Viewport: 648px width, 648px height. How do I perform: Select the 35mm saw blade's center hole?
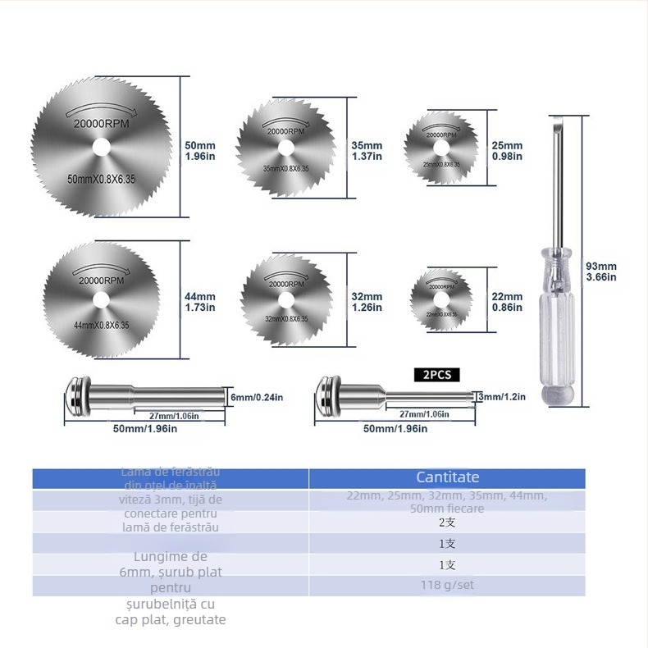click(x=286, y=148)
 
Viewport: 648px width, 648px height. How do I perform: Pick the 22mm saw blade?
click(x=442, y=297)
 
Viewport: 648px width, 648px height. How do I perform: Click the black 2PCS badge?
click(x=437, y=374)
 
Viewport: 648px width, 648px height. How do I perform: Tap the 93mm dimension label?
click(x=601, y=272)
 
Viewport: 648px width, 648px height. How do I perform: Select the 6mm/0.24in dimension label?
click(x=258, y=397)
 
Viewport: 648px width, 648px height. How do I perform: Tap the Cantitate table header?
click(x=447, y=477)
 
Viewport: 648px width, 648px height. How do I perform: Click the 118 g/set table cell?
click(x=447, y=586)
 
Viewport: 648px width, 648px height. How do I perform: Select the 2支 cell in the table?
click(x=447, y=523)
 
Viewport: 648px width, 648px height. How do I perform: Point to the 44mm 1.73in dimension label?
click(x=200, y=302)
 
